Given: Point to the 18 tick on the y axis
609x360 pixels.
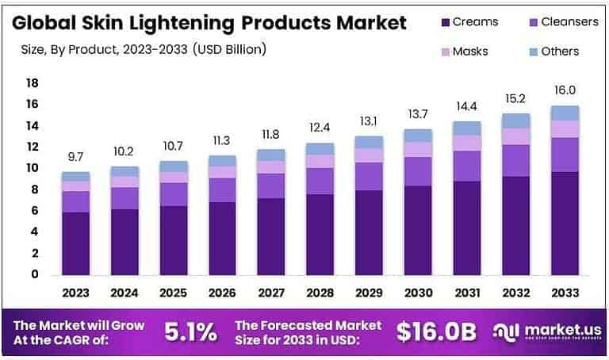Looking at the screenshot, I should click(33, 83).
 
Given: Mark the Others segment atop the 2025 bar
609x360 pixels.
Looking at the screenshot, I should click(174, 167).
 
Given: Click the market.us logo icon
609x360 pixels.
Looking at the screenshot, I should click(505, 332).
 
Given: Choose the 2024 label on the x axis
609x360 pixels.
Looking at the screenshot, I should click(124, 293).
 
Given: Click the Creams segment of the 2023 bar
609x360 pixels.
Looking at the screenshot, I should click(76, 243).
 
